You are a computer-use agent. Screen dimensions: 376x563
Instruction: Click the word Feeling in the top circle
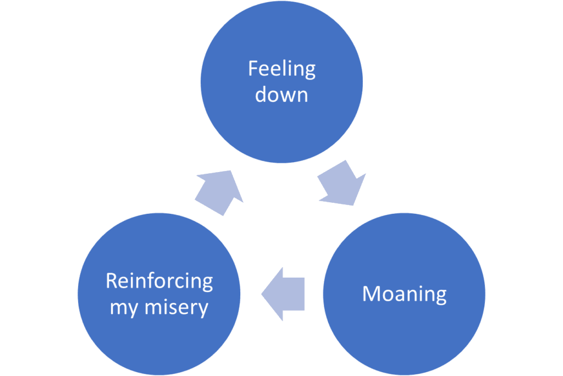(x=281, y=70)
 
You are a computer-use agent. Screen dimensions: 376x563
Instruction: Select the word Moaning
(x=404, y=294)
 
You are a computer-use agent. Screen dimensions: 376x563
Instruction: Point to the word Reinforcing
(x=159, y=281)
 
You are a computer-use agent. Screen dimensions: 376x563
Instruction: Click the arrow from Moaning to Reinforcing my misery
(x=283, y=294)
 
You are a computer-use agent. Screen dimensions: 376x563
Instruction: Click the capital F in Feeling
(x=252, y=69)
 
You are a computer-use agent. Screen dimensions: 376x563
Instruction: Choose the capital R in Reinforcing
(x=111, y=281)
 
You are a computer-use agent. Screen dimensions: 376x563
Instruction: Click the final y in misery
(x=203, y=309)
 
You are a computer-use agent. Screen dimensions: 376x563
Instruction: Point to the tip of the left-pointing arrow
(x=262, y=294)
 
